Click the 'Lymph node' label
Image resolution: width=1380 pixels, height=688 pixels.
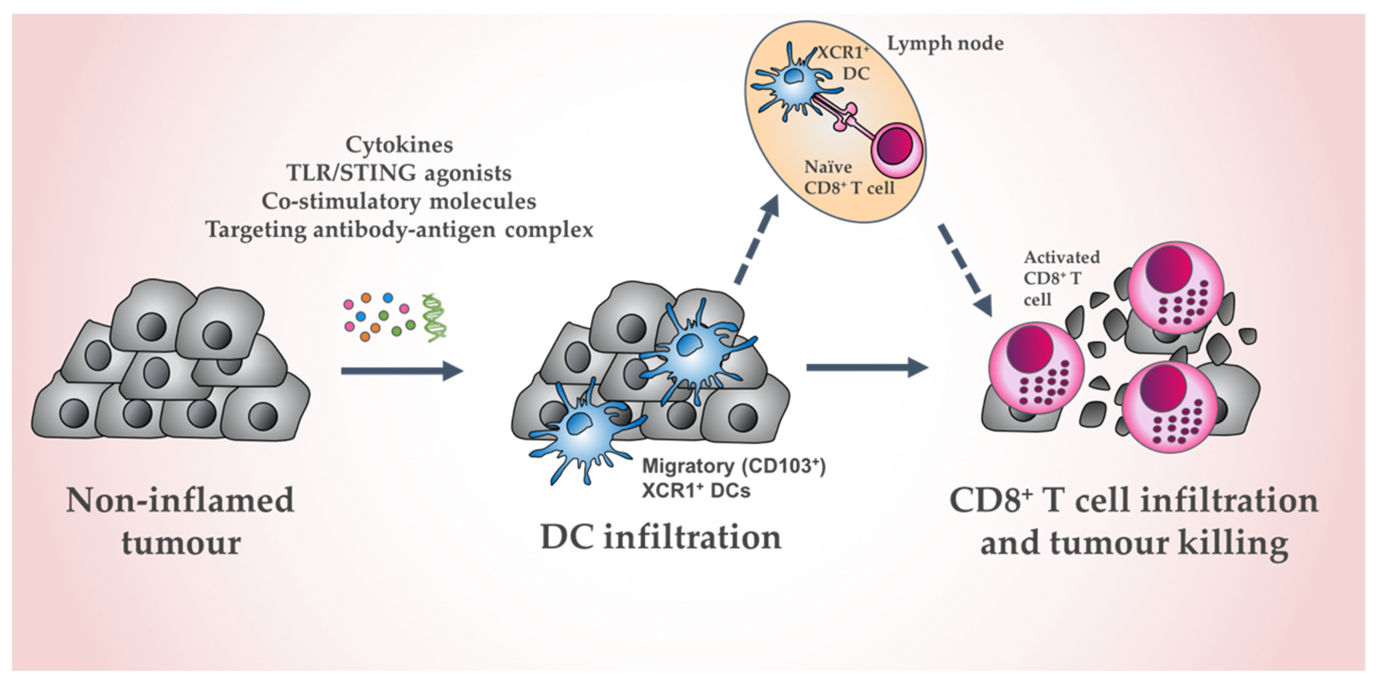point(945,43)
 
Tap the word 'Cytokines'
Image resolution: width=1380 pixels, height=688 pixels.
point(399,145)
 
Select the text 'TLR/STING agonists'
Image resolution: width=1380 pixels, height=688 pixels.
point(399,173)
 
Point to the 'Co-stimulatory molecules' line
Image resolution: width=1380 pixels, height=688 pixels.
point(399,202)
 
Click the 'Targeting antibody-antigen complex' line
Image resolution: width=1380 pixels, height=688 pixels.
point(399,230)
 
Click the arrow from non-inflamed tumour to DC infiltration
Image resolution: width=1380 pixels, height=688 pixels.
point(402,371)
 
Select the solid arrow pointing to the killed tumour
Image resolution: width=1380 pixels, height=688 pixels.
point(867,367)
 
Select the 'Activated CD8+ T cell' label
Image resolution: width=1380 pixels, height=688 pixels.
point(1061,278)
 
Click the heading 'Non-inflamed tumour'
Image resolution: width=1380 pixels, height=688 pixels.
point(180,521)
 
